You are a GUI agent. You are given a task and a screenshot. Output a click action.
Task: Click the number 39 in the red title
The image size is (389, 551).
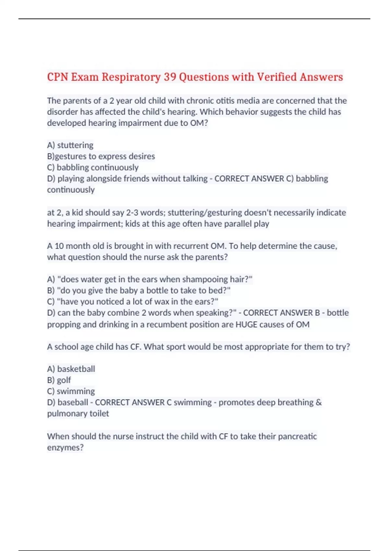point(170,77)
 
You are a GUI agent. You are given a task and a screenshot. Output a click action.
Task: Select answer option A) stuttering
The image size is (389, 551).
point(70,145)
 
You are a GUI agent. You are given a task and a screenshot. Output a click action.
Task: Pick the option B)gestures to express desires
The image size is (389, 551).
point(101,156)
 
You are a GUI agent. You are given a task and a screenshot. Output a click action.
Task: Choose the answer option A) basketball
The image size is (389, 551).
point(71,369)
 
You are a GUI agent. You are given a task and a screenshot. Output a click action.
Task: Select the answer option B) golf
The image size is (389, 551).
point(59,380)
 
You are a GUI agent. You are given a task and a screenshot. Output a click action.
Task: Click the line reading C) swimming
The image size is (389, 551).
point(71,391)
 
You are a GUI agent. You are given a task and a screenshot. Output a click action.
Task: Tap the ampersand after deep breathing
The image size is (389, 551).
point(319,402)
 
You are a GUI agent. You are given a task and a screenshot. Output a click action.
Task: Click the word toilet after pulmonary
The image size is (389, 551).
point(99,414)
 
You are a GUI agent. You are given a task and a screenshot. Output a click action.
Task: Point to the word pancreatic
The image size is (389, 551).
point(297,436)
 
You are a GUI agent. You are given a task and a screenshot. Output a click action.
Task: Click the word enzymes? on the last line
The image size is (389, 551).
point(65,448)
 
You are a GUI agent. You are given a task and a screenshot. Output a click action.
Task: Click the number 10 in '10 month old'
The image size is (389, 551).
point(59,246)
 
